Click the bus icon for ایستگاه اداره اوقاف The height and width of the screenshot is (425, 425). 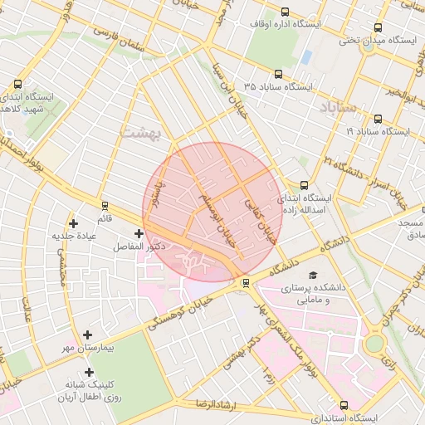tap(286, 12)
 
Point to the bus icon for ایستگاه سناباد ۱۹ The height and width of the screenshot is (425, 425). tap(379, 120)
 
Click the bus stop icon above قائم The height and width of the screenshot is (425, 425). tap(105, 205)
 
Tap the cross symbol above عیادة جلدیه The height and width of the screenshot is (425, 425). tap(75, 223)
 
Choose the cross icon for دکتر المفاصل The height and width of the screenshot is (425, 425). tap(138, 234)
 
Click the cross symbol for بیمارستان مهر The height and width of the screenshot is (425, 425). tap(88, 335)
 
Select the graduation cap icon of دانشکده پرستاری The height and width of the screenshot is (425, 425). tap(313, 275)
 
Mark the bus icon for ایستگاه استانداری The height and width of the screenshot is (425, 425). tap(344, 404)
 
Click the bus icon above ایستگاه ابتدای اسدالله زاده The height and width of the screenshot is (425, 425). tap(304, 185)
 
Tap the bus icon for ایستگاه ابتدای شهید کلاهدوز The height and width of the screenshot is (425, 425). tap(18, 84)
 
